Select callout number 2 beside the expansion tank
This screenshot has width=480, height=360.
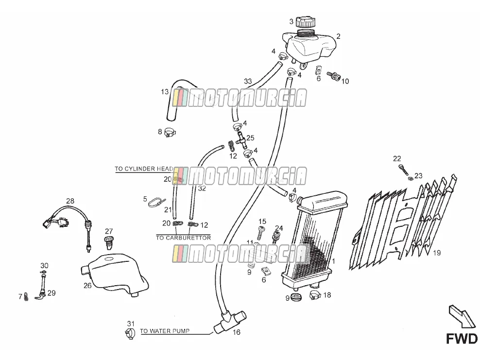click(338, 36)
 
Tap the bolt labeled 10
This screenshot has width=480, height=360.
click(334, 75)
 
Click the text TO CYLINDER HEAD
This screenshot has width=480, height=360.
click(144, 169)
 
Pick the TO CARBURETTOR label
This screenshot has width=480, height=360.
click(183, 238)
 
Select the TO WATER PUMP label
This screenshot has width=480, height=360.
click(165, 331)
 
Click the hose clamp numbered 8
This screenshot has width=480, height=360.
click(170, 132)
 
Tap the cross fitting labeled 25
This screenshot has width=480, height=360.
click(241, 140)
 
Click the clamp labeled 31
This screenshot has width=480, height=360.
click(130, 333)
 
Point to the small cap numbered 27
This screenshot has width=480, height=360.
click(109, 241)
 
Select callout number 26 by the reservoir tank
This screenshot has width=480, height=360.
click(87, 286)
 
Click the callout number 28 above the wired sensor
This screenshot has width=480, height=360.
click(70, 201)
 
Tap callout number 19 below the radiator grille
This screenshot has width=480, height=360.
click(437, 253)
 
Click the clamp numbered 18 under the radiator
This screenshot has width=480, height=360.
click(315, 295)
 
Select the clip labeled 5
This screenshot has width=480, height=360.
click(157, 202)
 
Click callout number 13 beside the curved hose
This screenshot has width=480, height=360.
click(165, 91)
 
